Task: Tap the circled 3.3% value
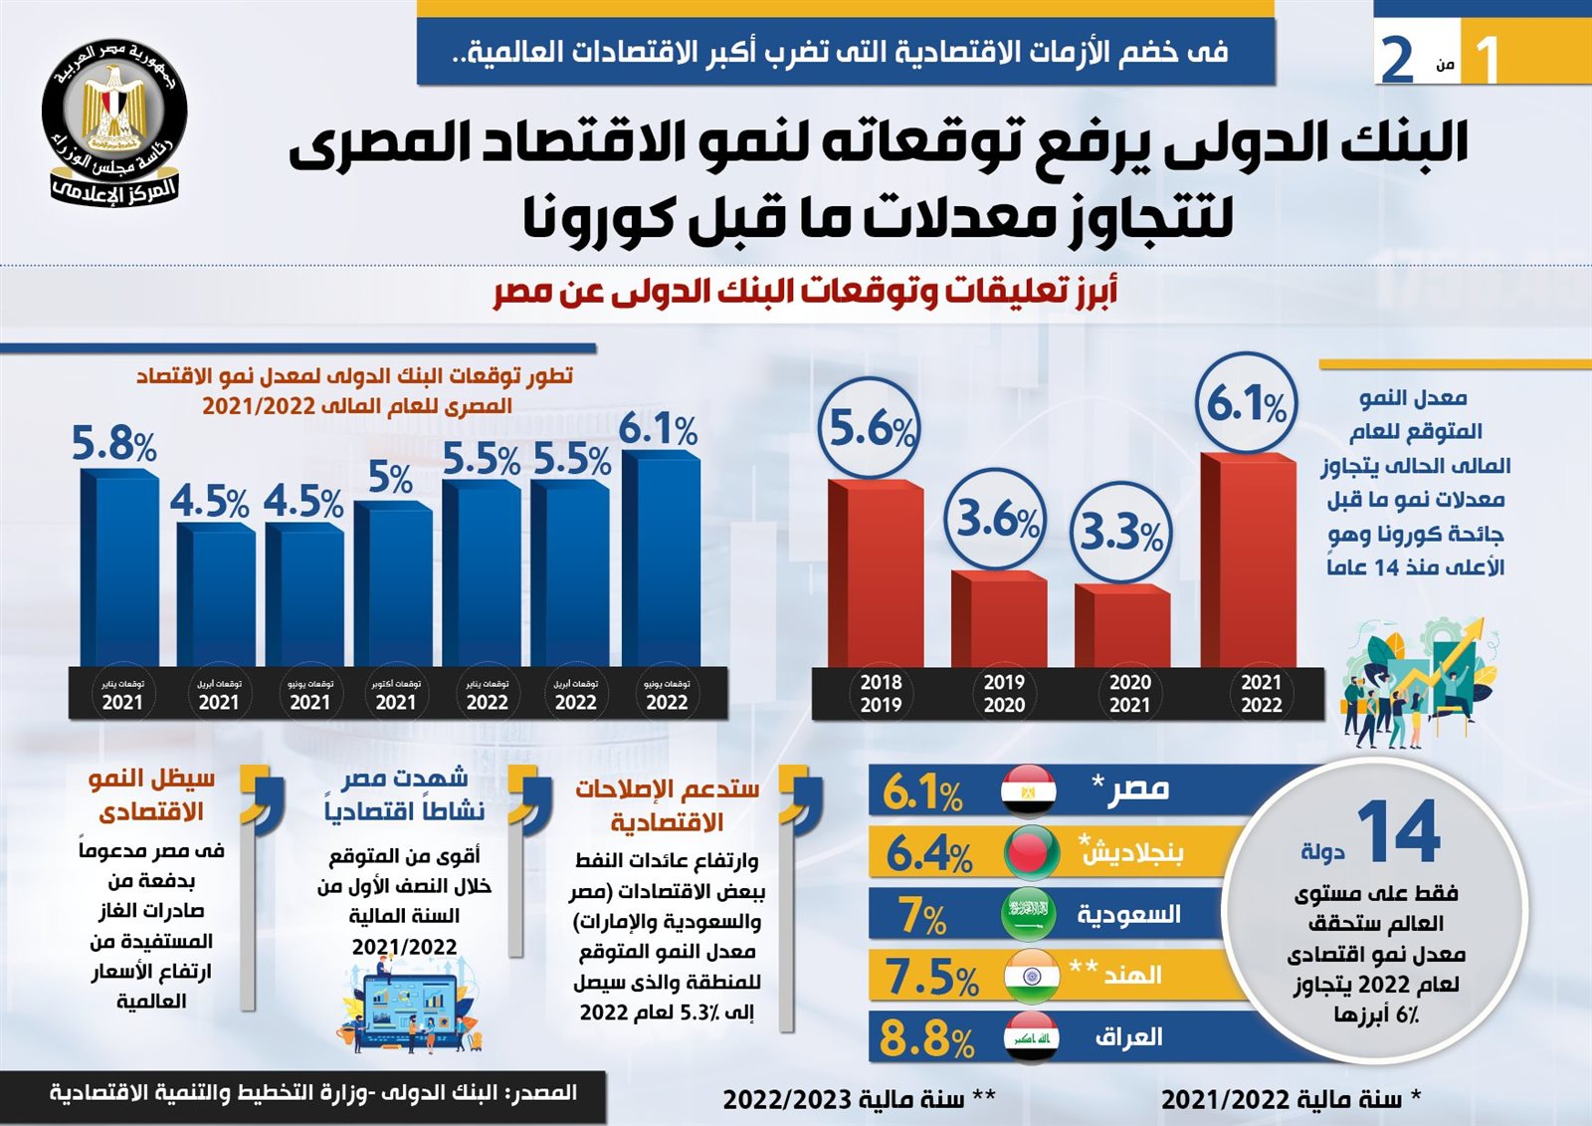[1121, 532]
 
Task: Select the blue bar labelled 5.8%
[119, 567]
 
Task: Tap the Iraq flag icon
[1031, 1037]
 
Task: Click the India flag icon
[1031, 976]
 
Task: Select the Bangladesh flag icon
[1031, 852]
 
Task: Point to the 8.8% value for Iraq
[925, 1039]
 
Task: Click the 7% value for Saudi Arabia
[922, 915]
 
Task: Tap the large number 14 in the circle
[1398, 832]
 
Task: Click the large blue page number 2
[1398, 60]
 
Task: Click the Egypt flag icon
[1029, 790]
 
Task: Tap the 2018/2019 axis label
[881, 694]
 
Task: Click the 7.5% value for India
[930, 977]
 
